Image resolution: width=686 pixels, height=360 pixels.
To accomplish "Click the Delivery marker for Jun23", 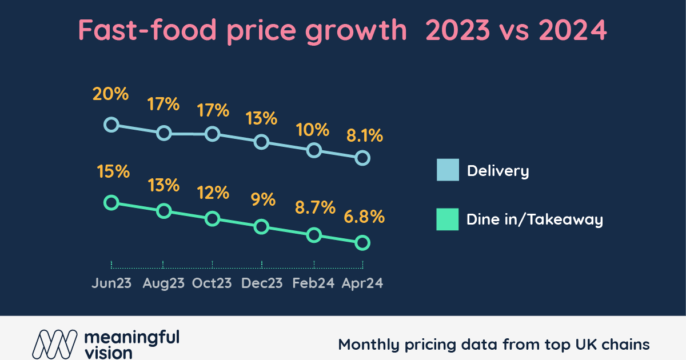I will point(111,125).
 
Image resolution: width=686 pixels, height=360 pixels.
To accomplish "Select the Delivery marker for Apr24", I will point(362,158).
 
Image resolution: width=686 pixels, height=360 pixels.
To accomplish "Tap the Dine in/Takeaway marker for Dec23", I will point(261,227).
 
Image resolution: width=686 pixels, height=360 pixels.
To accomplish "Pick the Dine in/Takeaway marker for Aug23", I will point(164,211).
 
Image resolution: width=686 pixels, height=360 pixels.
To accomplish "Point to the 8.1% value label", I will point(364,137).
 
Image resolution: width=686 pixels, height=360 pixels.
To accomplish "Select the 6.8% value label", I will point(364,218).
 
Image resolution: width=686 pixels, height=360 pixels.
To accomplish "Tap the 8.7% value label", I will point(313,207).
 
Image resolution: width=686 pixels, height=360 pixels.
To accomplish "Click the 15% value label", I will point(111,171).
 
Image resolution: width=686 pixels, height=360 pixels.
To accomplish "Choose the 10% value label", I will point(313,130).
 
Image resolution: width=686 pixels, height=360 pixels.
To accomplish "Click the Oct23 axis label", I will point(212,283).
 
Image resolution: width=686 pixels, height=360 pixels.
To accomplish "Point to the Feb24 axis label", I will point(313,283).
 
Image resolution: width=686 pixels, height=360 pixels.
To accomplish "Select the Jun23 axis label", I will point(111,283).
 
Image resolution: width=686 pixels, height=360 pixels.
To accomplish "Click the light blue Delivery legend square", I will point(448,170).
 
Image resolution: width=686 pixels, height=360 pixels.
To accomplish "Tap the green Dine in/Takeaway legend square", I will point(448,219).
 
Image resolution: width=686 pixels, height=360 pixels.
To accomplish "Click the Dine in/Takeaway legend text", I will point(535,220).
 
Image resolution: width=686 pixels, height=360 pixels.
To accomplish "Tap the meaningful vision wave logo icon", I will point(54,344).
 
